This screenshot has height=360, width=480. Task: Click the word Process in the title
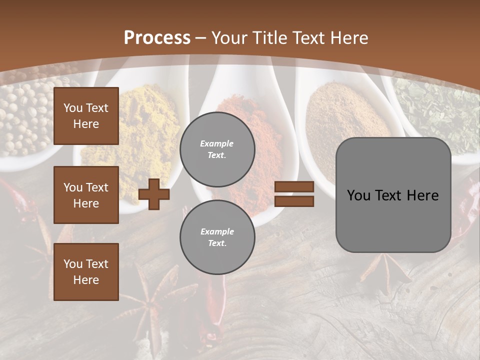click(157, 37)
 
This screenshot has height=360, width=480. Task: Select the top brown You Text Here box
click(86, 116)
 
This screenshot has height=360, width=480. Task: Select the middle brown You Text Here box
click(86, 195)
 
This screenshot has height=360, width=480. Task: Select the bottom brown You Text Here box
click(86, 272)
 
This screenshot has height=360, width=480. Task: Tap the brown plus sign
click(154, 194)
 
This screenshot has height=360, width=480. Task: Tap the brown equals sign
click(294, 194)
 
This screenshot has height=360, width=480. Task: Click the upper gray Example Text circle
click(217, 149)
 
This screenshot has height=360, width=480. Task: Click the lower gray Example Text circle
click(217, 237)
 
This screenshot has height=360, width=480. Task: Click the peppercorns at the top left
click(25, 115)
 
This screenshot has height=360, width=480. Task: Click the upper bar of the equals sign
click(294, 187)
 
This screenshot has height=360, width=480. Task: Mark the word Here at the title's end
click(348, 37)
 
